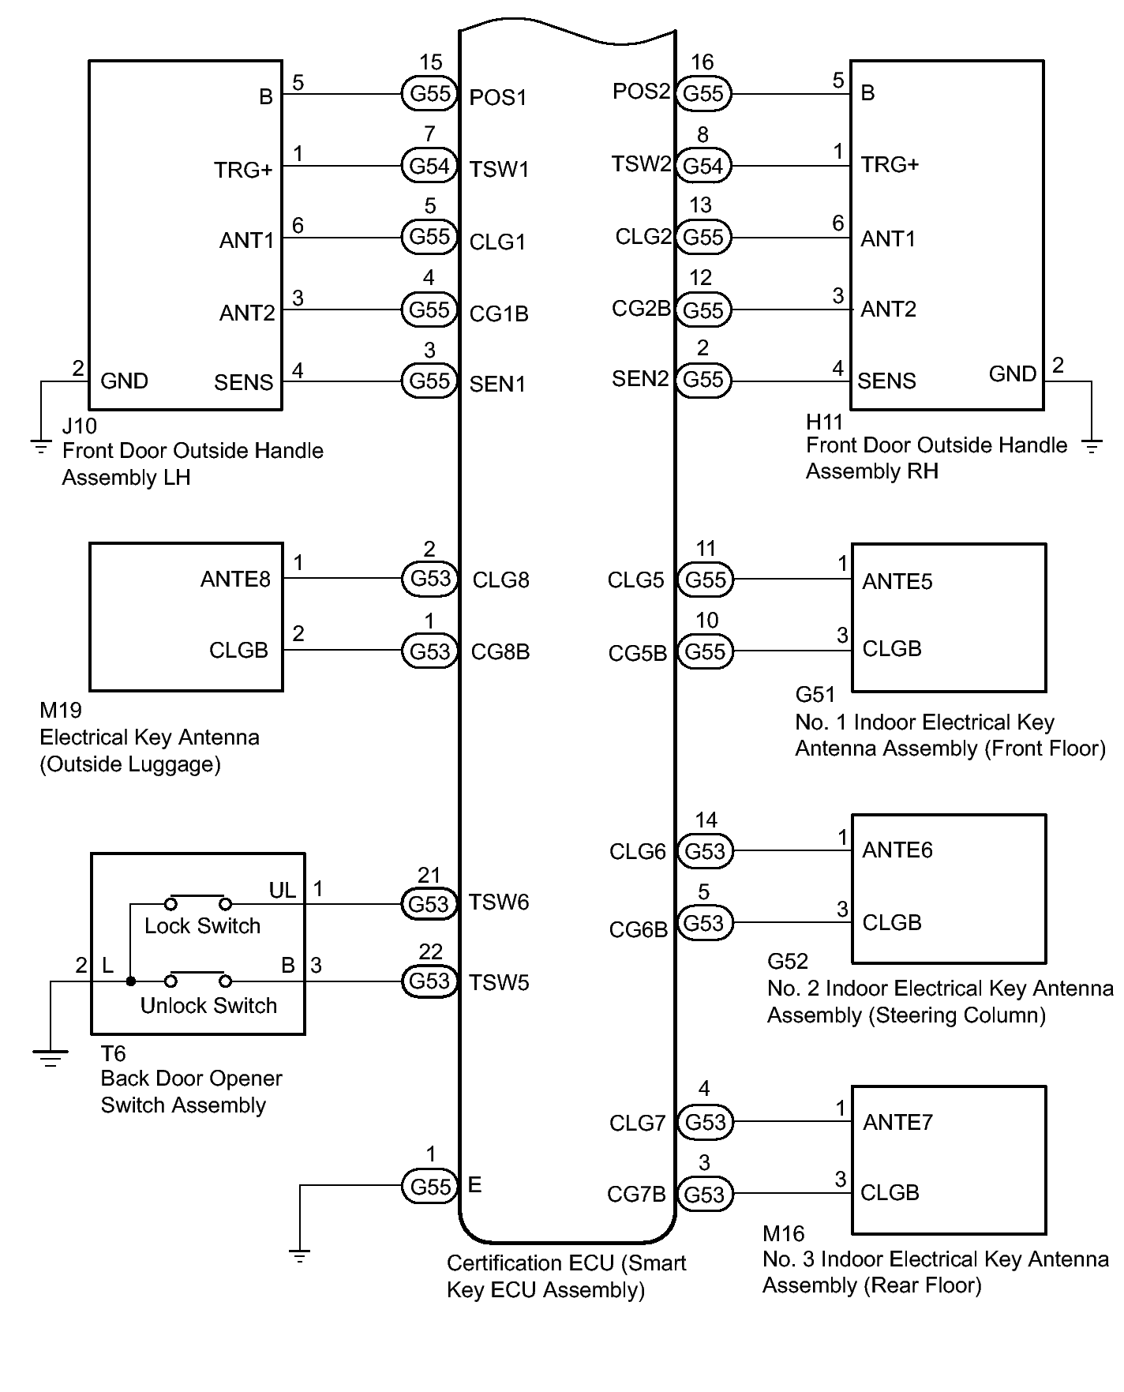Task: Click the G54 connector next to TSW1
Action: coord(429,166)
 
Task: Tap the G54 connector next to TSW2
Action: coord(703,166)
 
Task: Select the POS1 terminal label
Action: coord(497,98)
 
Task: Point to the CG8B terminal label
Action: coord(500,652)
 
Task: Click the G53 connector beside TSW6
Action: coord(429,903)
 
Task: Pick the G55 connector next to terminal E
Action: coord(429,1187)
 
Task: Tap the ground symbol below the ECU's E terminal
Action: coord(300,1254)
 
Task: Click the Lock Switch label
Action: coord(202,926)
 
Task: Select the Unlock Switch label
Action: coord(208,1006)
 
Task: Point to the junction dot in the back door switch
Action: coord(131,981)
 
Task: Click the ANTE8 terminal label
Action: coord(235,580)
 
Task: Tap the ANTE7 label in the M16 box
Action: coord(897,1122)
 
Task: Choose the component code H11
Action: coord(824,422)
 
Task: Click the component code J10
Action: coord(79,426)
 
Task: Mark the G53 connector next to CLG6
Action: coord(704,851)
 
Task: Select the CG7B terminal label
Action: coord(636,1195)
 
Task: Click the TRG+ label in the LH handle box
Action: coord(243,171)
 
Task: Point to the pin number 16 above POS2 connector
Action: coord(702,62)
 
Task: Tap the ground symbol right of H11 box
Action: coord(1092,448)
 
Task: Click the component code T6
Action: coord(113,1054)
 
